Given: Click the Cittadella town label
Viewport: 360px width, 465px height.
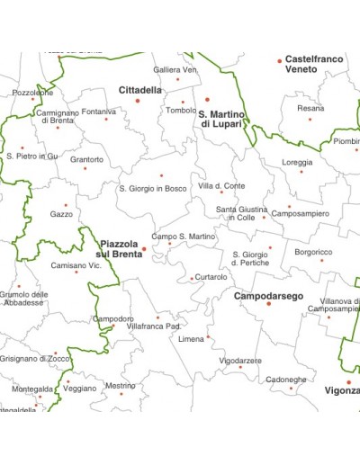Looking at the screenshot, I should (x=140, y=90).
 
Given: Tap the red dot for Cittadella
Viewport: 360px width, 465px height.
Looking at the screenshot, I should (x=138, y=101).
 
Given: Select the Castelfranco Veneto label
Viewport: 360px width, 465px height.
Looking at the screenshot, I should (x=314, y=64).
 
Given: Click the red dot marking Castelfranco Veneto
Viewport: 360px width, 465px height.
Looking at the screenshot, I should (x=280, y=61).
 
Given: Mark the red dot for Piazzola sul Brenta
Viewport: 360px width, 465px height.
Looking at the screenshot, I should (x=144, y=249).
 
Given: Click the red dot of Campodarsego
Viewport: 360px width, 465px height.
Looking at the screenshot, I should (x=268, y=304).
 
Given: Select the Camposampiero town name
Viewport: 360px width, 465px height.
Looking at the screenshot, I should (x=300, y=214).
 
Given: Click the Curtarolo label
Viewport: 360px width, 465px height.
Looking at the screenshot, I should (x=211, y=277).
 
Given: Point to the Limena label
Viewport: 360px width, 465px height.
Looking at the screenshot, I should (x=192, y=339).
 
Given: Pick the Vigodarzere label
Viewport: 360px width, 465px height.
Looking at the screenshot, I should (x=241, y=360).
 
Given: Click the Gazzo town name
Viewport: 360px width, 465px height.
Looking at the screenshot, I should (x=62, y=215).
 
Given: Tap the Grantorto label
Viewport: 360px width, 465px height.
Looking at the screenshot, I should (x=86, y=160).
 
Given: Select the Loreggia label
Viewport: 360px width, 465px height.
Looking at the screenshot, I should (x=297, y=163).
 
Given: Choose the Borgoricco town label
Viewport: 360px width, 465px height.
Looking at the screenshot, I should (x=312, y=253).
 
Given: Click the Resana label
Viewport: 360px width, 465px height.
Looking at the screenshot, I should (x=310, y=109).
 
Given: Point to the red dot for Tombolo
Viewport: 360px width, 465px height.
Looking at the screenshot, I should (x=180, y=101).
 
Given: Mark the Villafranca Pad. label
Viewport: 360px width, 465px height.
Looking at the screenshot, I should (x=155, y=326).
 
